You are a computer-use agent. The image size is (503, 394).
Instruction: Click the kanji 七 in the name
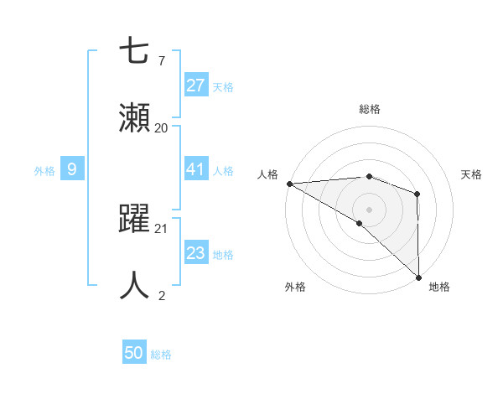(135, 52)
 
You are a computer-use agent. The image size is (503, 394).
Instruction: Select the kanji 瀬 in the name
(135, 118)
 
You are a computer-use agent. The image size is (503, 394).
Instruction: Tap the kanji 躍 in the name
(135, 218)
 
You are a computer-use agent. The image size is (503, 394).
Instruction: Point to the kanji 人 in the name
(135, 285)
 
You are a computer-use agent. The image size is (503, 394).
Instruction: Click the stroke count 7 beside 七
(161, 61)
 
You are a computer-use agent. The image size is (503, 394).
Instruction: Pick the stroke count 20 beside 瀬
(161, 128)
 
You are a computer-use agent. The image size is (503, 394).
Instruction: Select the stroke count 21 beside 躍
(161, 228)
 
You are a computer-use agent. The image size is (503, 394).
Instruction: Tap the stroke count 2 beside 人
(161, 295)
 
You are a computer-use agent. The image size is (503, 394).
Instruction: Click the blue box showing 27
(195, 86)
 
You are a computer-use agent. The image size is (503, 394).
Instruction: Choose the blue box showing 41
(195, 169)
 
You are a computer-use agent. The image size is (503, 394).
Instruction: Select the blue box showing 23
(195, 253)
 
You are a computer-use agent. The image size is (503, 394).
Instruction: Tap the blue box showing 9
(72, 169)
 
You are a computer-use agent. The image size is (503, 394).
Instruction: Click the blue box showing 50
(134, 354)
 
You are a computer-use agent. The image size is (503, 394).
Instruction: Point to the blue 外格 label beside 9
(44, 170)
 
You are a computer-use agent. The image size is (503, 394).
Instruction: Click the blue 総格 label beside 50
(161, 355)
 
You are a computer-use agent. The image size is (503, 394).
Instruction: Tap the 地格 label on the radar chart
(439, 287)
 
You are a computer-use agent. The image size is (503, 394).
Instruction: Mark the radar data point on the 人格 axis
(289, 184)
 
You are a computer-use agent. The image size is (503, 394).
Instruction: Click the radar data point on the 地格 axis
(417, 277)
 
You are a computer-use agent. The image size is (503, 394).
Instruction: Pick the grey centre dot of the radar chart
(369, 208)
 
